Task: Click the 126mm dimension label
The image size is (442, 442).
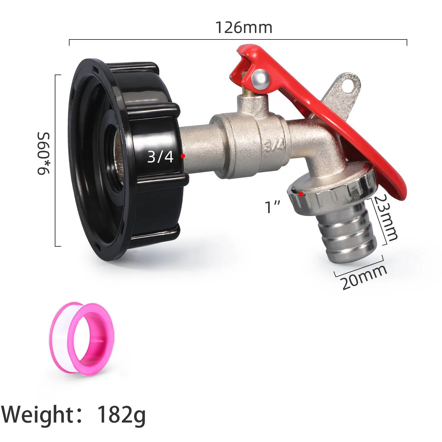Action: (x=244, y=27)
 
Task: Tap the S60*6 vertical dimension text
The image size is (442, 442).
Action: (x=44, y=154)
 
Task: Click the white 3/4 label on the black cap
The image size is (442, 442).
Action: (x=160, y=156)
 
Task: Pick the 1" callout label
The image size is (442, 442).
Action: (x=273, y=207)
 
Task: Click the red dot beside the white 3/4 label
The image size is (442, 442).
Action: (x=183, y=156)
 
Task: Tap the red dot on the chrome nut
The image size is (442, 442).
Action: (x=300, y=194)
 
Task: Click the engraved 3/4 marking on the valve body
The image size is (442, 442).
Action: (x=275, y=145)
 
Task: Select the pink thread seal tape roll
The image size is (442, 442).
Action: (x=82, y=339)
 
